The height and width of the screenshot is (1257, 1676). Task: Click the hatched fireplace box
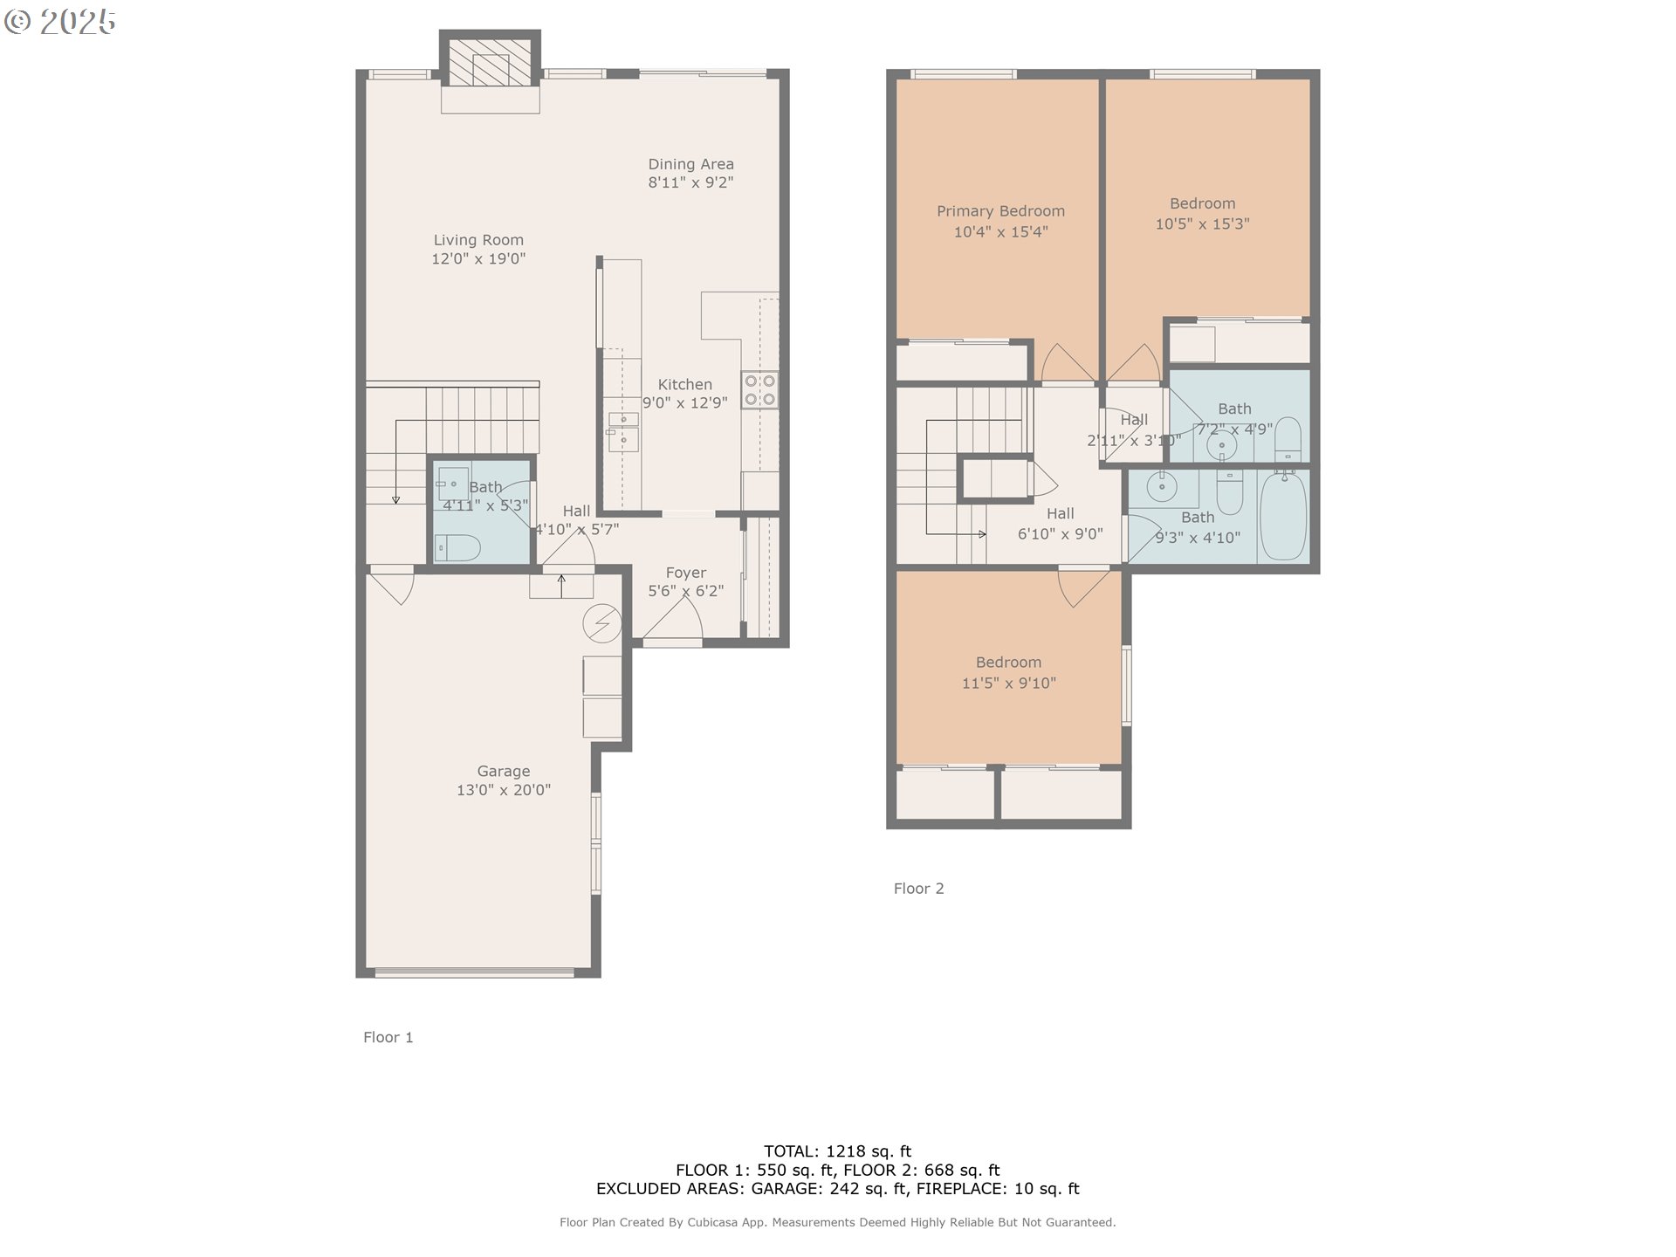coord(490,58)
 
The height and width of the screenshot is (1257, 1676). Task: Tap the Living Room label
coord(478,240)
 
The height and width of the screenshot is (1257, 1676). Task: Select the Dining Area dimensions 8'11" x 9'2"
coord(690,183)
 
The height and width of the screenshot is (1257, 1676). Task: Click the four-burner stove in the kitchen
coord(759,390)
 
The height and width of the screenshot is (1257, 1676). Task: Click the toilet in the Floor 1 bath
coord(458,548)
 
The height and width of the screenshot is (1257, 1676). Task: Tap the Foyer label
coord(685,573)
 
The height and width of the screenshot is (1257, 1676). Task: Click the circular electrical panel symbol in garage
coord(602,623)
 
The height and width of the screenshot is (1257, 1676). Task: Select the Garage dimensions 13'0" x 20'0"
coord(504,791)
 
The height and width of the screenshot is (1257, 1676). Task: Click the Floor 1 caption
coord(388,1037)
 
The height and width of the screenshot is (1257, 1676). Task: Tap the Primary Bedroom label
coord(1000,211)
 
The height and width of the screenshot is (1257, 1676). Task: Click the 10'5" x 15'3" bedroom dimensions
coord(1202,224)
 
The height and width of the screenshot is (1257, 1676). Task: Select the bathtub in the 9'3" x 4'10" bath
coord(1283,517)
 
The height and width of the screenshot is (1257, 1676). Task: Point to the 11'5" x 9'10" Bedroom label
coord(1008,663)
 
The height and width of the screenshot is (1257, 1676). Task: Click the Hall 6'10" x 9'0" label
coord(1060,514)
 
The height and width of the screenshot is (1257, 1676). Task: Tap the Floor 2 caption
coord(918,889)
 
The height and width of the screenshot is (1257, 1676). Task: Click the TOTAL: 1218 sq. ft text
coord(837,1151)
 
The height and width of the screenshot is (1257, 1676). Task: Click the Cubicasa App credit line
coord(837,1223)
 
